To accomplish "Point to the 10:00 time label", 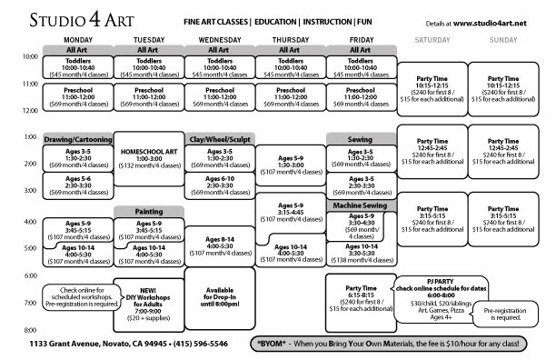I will click(29, 57).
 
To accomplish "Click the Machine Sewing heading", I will click(362, 206).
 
